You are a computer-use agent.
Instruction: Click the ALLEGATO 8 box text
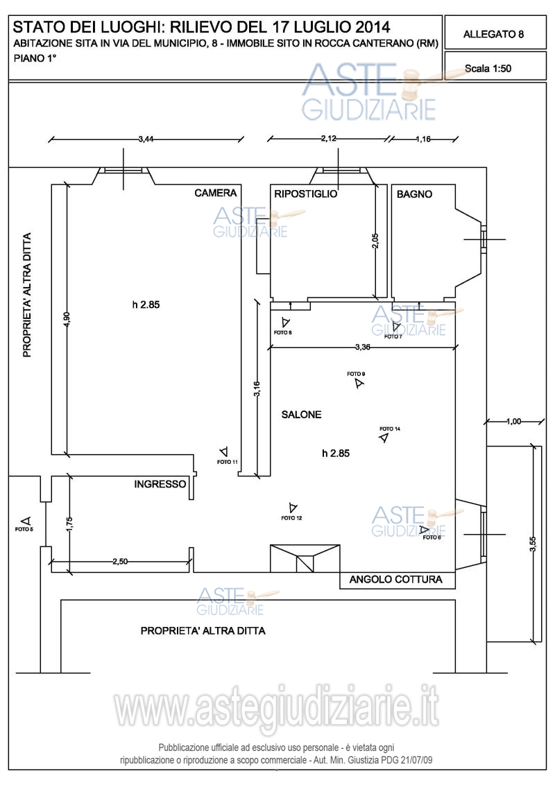coord(493,33)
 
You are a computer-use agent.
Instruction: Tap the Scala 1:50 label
coord(490,69)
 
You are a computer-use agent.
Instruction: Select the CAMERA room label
coord(216,193)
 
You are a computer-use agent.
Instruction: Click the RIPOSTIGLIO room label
coord(306,193)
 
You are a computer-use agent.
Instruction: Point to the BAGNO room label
coord(414,194)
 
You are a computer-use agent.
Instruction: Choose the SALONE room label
coord(301,415)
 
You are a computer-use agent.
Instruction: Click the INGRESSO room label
coord(160,484)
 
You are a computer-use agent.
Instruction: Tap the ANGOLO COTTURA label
coord(395,580)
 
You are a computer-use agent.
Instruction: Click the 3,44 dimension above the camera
coord(146,139)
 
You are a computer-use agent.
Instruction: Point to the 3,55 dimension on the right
coord(532,544)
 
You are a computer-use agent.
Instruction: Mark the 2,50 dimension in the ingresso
coord(120,562)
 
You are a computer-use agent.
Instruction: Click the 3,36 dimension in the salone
coord(362,347)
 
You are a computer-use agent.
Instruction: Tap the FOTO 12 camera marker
coord(292,508)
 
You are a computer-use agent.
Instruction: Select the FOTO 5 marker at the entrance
coord(26,521)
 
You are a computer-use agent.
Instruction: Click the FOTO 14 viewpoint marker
coord(384,438)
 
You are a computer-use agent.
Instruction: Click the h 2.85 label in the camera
coord(146,304)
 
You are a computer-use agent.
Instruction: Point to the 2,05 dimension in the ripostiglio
coord(375,241)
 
